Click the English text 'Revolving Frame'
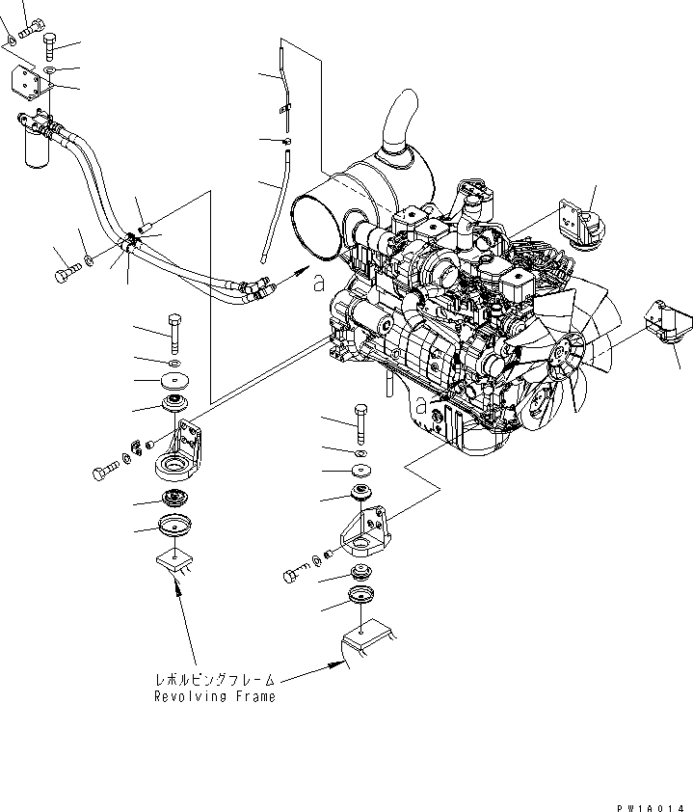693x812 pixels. (x=215, y=696)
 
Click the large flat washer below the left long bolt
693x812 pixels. (x=174, y=378)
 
